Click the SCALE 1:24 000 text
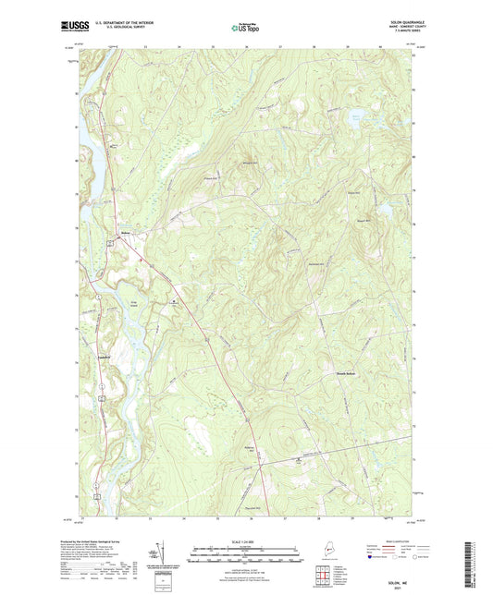pos(246,541)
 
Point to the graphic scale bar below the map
pos(246,556)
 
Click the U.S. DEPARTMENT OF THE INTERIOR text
pos(117,21)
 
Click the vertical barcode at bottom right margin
pos(475,560)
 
